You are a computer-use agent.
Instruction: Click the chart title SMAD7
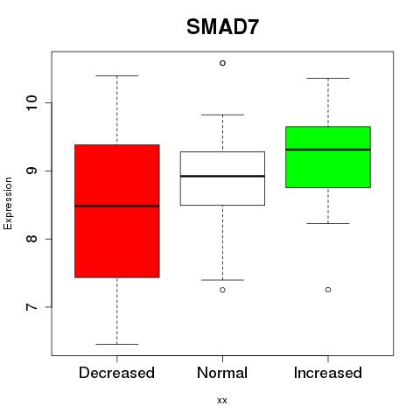[x=222, y=27]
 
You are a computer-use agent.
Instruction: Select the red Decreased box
[x=117, y=211]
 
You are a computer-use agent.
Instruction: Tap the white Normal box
[x=222, y=178]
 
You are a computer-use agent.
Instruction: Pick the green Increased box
[x=328, y=157]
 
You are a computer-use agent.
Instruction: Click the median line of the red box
[x=117, y=206]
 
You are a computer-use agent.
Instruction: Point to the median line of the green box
[x=328, y=150]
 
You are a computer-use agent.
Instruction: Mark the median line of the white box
[x=222, y=176]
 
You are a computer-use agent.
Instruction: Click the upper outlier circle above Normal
[x=222, y=63]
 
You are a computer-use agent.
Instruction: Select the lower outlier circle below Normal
[x=222, y=290]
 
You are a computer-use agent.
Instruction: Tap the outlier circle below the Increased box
[x=328, y=290]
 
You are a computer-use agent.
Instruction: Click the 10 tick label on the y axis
[x=31, y=102]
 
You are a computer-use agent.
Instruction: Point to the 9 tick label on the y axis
[x=31, y=171]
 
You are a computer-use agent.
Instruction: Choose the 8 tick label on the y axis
[x=31, y=239]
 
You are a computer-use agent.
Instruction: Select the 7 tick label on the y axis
[x=31, y=307]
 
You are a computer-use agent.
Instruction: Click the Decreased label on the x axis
[x=116, y=373]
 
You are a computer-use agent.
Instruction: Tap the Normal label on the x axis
[x=222, y=373]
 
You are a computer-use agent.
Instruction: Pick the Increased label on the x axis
[x=328, y=373]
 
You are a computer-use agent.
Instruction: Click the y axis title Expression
[x=8, y=203]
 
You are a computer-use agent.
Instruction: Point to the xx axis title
[x=222, y=401]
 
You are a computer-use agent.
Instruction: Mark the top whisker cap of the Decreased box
[x=117, y=76]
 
